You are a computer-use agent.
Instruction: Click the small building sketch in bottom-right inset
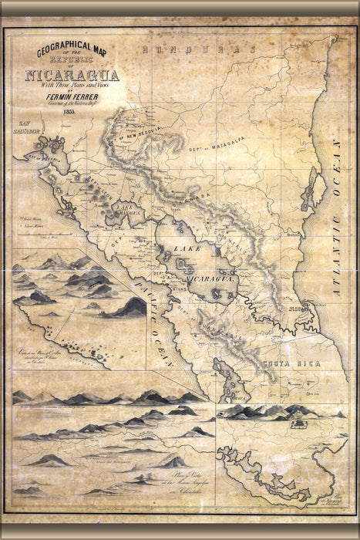(298, 423)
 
